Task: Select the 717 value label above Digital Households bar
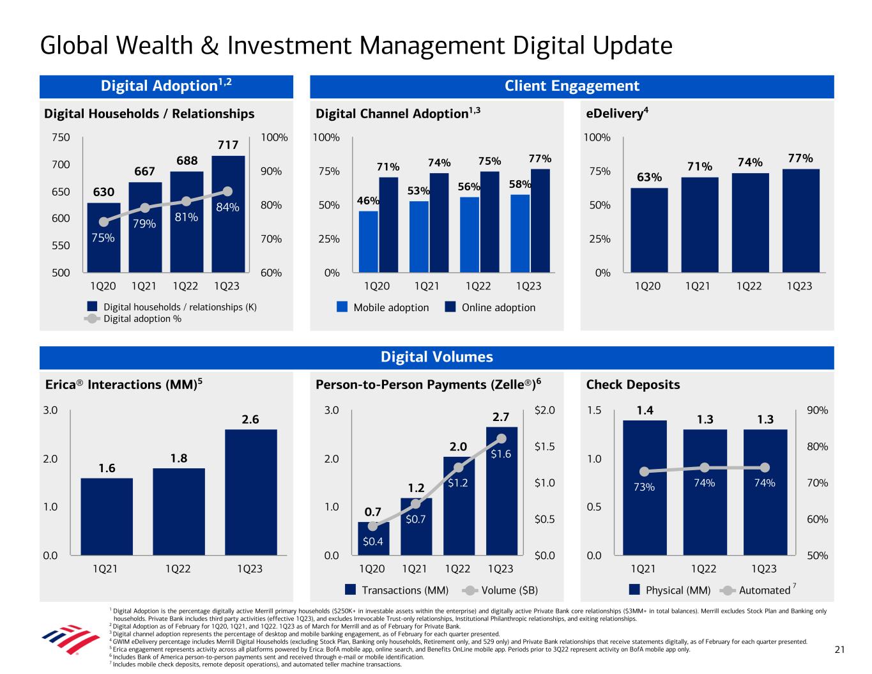coord(228,146)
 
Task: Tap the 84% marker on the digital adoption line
coord(228,191)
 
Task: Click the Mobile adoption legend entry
coord(383,307)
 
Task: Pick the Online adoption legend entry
coord(490,307)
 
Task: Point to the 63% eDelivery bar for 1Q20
coord(649,230)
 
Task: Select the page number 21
coord(839,650)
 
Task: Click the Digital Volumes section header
coord(437,357)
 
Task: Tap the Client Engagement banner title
coord(572,86)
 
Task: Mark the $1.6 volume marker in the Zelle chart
coord(501,439)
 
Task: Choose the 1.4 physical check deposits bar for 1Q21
coord(645,487)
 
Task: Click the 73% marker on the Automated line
coord(645,471)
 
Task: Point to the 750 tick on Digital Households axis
coord(61,137)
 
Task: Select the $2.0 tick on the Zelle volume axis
coord(544,410)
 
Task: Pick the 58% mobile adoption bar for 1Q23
coord(520,233)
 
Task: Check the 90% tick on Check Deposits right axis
coord(817,410)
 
